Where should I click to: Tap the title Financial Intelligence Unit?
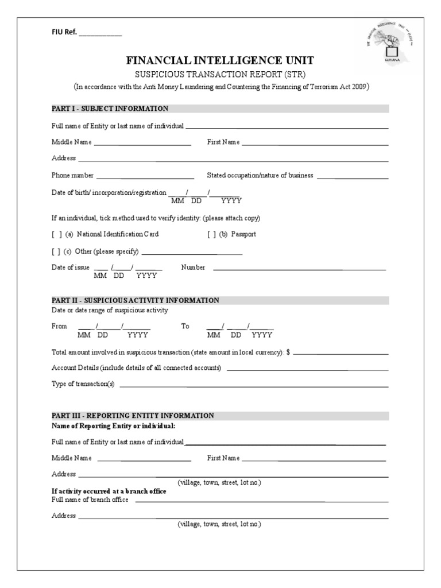(x=220, y=61)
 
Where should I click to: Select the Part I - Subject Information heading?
(x=110, y=109)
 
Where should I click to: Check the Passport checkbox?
(x=212, y=234)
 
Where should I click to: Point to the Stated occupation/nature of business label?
(x=260, y=176)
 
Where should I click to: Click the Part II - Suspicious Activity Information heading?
(x=136, y=300)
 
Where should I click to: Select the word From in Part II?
(x=60, y=326)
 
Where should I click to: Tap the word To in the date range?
(x=185, y=326)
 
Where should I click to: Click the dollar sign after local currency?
(x=288, y=353)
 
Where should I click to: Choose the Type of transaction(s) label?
(x=83, y=384)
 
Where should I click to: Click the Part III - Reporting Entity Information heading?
(x=133, y=416)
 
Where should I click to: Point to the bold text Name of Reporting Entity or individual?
(x=113, y=426)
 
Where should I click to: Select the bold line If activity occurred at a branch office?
(x=109, y=492)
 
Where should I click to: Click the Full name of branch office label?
(x=90, y=500)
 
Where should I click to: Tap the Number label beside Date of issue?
(x=193, y=268)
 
